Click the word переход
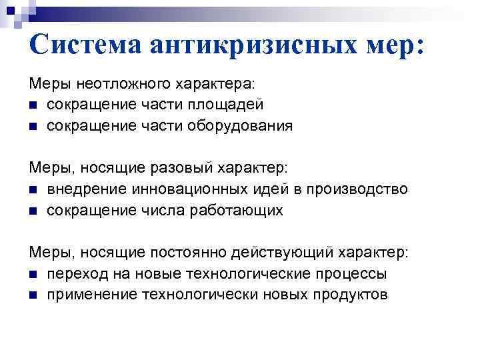click(x=75, y=273)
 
